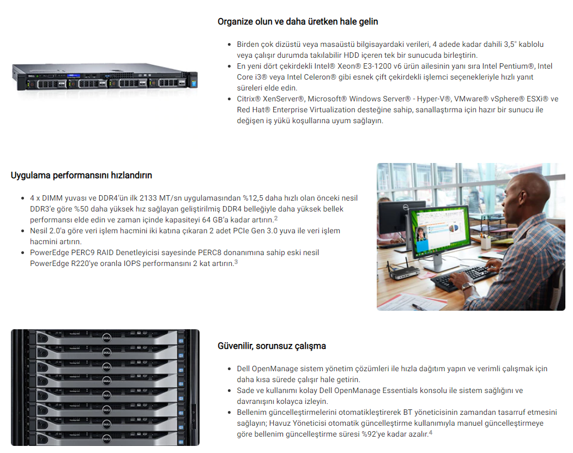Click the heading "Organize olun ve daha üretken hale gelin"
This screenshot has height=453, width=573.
298,22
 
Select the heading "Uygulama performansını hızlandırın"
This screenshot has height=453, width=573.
81,176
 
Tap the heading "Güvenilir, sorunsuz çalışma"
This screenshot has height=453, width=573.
272,346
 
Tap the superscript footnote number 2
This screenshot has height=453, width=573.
276,218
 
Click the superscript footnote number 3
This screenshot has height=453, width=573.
236,262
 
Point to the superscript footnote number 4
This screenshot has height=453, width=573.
431,432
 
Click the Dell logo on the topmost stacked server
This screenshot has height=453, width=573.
106,338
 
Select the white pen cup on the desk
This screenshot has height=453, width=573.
486,242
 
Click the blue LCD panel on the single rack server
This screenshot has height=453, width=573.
74,76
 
